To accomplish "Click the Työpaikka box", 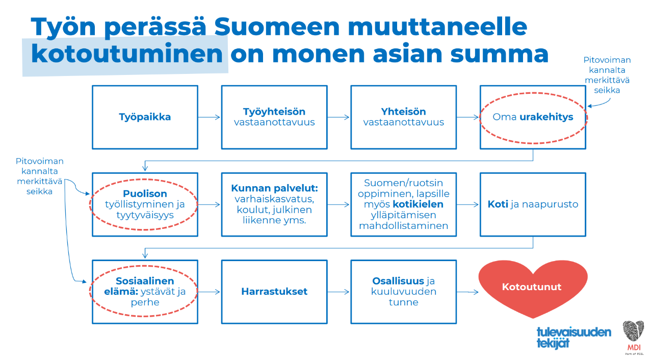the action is pyautogui.click(x=145, y=117).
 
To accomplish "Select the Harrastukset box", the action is pyautogui.click(x=274, y=292).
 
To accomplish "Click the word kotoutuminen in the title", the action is pyautogui.click(x=127, y=54).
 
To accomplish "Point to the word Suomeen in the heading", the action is pyautogui.click(x=277, y=27).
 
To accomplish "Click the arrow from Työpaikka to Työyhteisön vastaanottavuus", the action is pyautogui.click(x=209, y=117).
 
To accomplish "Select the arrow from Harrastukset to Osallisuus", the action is pyautogui.click(x=338, y=292).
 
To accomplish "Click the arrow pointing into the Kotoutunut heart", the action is pyautogui.click(x=467, y=292).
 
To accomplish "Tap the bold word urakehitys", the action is pyautogui.click(x=546, y=117).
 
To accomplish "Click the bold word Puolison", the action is pyautogui.click(x=145, y=193).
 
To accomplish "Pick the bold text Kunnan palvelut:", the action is pyautogui.click(x=274, y=188).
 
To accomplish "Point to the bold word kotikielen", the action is pyautogui.click(x=418, y=204).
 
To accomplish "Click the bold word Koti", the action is pyautogui.click(x=498, y=204).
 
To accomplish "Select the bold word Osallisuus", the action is pyautogui.click(x=398, y=281).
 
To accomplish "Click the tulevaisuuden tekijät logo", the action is pyautogui.click(x=573, y=338).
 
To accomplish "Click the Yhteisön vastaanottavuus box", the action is pyautogui.click(x=403, y=117).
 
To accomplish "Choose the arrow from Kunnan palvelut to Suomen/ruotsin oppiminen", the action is pyautogui.click(x=338, y=204).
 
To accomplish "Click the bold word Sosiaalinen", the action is pyautogui.click(x=145, y=281).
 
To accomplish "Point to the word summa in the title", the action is pyautogui.click(x=499, y=54).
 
